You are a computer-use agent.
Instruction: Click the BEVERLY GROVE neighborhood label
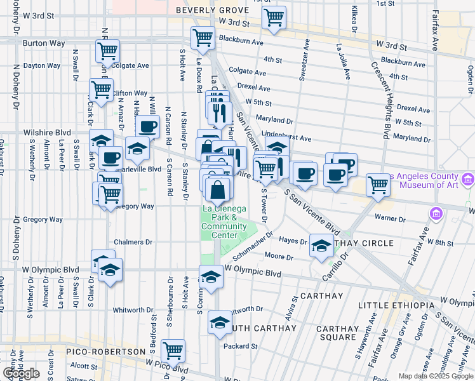pyautogui.click(x=210, y=10)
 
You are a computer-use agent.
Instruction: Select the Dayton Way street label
pyautogui.click(x=43, y=65)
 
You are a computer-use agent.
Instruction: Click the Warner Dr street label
pyautogui.click(x=391, y=218)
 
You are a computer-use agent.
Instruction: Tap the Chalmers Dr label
pyautogui.click(x=133, y=242)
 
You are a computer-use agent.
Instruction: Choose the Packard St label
pyautogui.click(x=240, y=347)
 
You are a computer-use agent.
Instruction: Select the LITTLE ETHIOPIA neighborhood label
pyautogui.click(x=394, y=305)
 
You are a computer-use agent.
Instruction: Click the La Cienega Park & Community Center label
pyautogui.click(x=220, y=222)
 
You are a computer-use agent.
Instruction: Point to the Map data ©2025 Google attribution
pyautogui.click(x=435, y=376)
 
